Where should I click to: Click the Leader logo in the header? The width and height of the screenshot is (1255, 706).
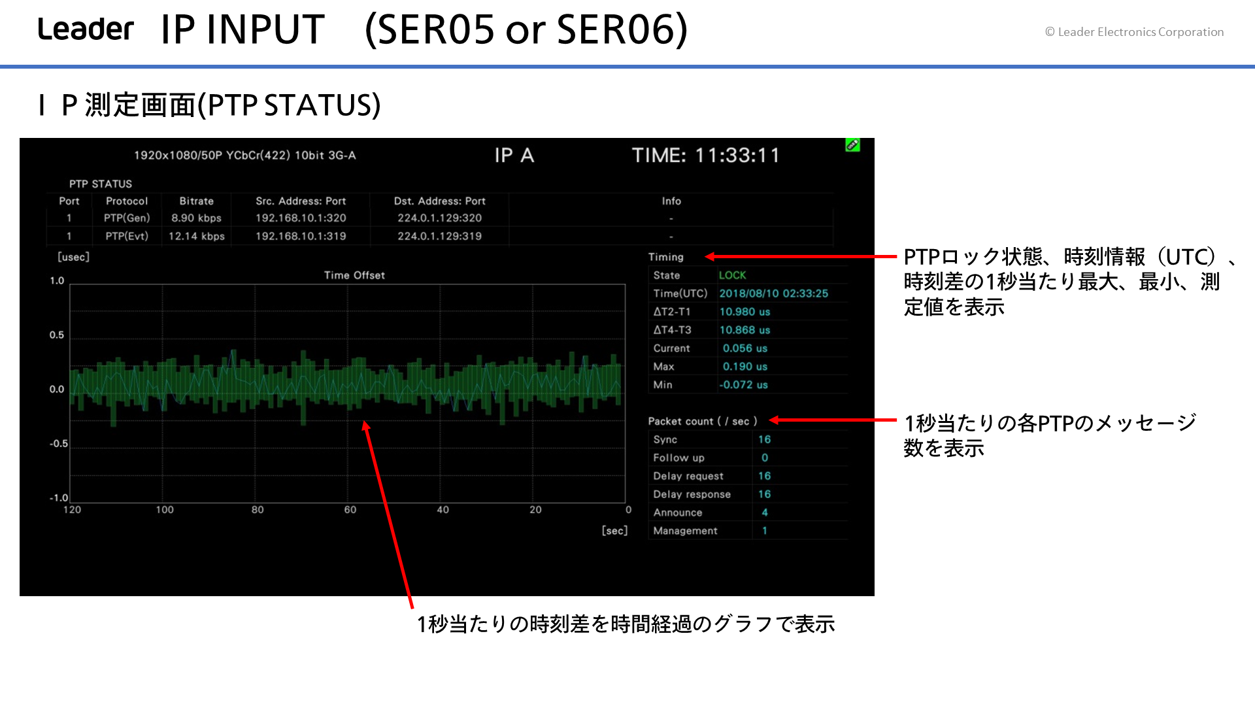(x=86, y=29)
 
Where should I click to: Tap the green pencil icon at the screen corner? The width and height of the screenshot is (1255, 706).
(x=852, y=144)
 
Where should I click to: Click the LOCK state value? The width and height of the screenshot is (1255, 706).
(x=732, y=275)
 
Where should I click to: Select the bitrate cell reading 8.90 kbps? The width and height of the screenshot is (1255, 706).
(x=196, y=218)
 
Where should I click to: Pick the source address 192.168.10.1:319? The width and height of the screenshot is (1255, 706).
(x=301, y=236)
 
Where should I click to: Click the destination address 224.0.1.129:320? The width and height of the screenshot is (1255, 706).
(x=439, y=218)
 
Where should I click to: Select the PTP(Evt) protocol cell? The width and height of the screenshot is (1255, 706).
(x=127, y=236)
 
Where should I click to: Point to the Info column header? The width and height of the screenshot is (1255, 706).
(x=671, y=201)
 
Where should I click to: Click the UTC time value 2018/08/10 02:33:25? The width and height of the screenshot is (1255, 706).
(x=773, y=294)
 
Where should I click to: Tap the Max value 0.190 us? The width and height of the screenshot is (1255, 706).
(x=745, y=367)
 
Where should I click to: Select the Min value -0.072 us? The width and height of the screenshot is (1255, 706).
(x=743, y=385)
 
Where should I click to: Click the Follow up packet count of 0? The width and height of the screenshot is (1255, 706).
(x=764, y=458)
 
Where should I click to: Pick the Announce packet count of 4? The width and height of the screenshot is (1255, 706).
(x=764, y=513)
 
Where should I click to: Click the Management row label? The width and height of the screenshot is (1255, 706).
(x=685, y=531)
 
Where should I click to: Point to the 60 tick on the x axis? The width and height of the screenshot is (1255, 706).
(x=350, y=510)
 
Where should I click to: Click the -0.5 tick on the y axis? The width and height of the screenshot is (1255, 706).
(x=58, y=443)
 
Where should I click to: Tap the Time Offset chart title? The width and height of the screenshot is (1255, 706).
(x=354, y=275)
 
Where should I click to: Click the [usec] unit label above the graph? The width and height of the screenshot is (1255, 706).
(x=73, y=257)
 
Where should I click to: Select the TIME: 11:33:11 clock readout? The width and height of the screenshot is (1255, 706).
(x=705, y=156)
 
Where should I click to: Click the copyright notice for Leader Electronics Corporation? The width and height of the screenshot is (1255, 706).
(x=1134, y=32)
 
